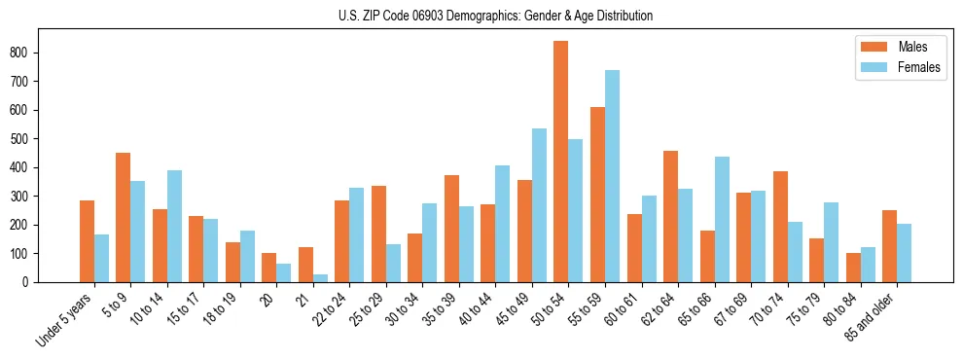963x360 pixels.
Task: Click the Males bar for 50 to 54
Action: point(561,162)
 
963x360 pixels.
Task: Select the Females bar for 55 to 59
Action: point(612,176)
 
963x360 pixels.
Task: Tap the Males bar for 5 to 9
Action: point(124,217)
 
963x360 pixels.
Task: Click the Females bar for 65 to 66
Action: point(722,219)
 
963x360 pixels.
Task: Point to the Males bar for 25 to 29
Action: point(378,234)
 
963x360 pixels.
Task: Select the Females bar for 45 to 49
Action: point(539,205)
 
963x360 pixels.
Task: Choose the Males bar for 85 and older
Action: point(889,246)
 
